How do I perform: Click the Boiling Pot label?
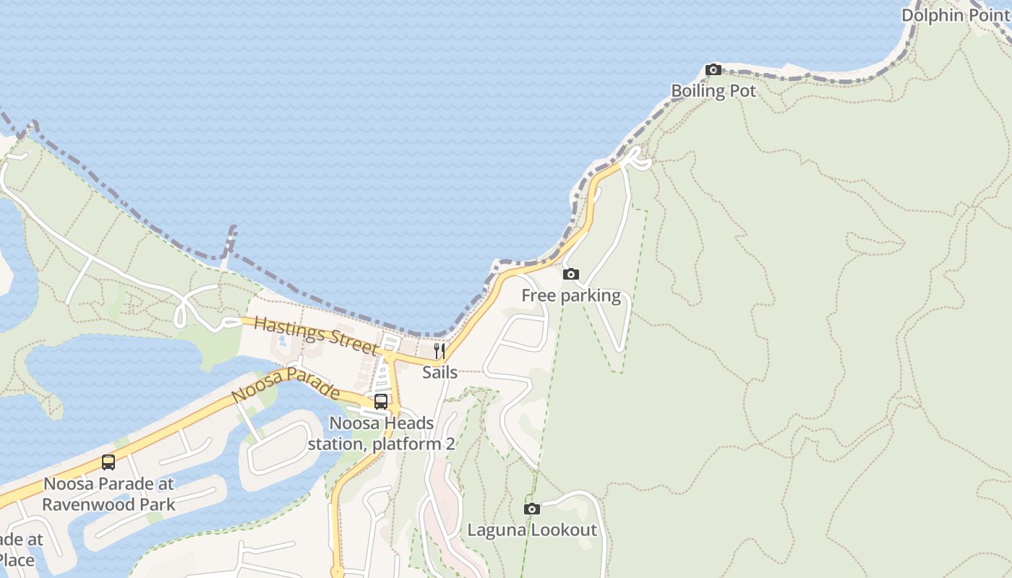pyautogui.click(x=713, y=91)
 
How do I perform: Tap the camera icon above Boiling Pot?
pyautogui.click(x=713, y=70)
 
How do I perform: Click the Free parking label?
pyautogui.click(x=571, y=296)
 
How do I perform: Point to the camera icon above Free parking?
pyautogui.click(x=571, y=275)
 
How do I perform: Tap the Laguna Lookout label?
pyautogui.click(x=532, y=530)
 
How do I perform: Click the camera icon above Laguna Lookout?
pyautogui.click(x=532, y=509)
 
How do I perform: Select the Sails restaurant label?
pyautogui.click(x=439, y=372)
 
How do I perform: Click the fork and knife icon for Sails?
pyautogui.click(x=439, y=351)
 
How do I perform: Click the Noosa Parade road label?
pyautogui.click(x=286, y=384)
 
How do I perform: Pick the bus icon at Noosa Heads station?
pyautogui.click(x=381, y=402)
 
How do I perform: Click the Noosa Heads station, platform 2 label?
pyautogui.click(x=381, y=433)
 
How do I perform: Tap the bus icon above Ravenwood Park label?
pyautogui.click(x=108, y=462)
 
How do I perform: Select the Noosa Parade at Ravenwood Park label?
pyautogui.click(x=108, y=494)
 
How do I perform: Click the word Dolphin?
pyautogui.click(x=932, y=15)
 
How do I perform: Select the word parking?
pyautogui.click(x=591, y=296)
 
